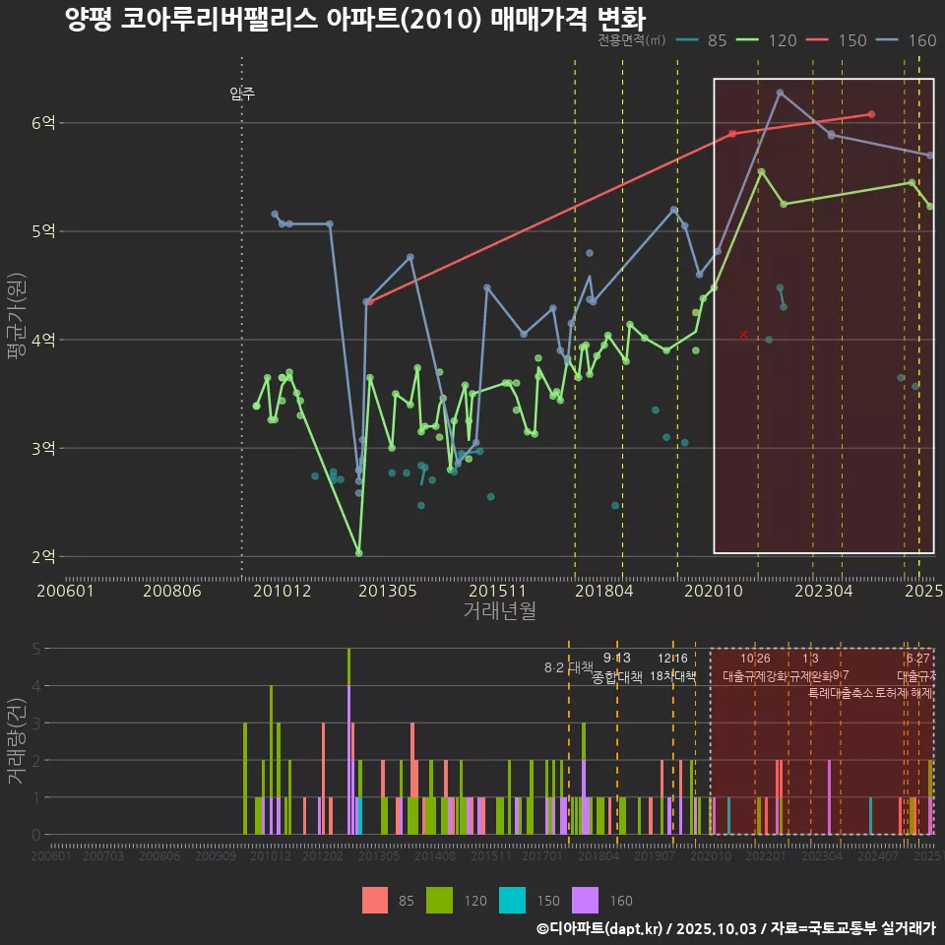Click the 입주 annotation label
242,94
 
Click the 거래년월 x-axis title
499,611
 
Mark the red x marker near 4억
743,335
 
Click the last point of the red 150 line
872,114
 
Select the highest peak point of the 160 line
780,93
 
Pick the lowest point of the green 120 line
358,553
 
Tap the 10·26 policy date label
755,659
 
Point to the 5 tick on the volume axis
34,649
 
